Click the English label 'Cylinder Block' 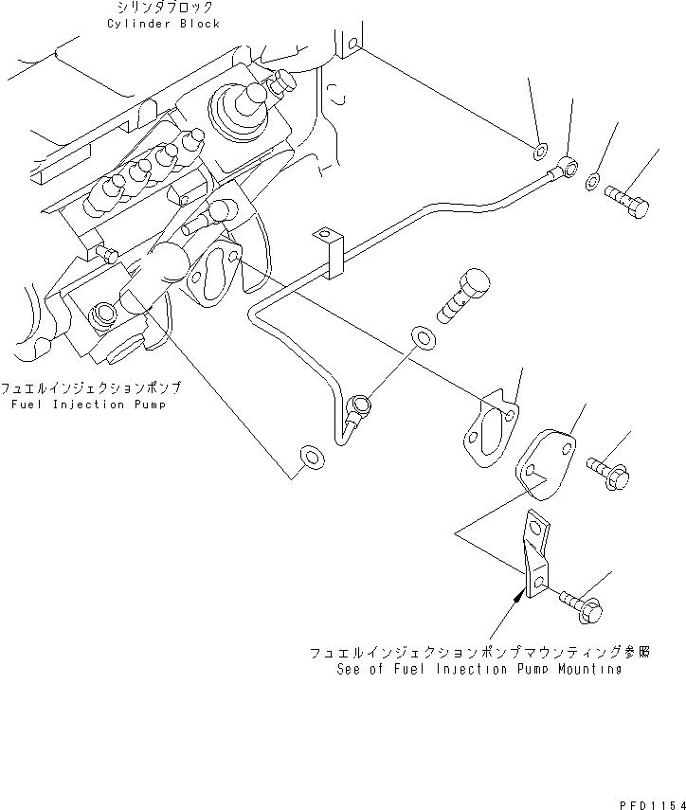(x=164, y=24)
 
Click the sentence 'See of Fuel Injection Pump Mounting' (x=478, y=669)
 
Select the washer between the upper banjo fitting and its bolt (x=592, y=181)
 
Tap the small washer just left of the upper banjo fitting (x=539, y=148)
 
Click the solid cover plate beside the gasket (x=545, y=460)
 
